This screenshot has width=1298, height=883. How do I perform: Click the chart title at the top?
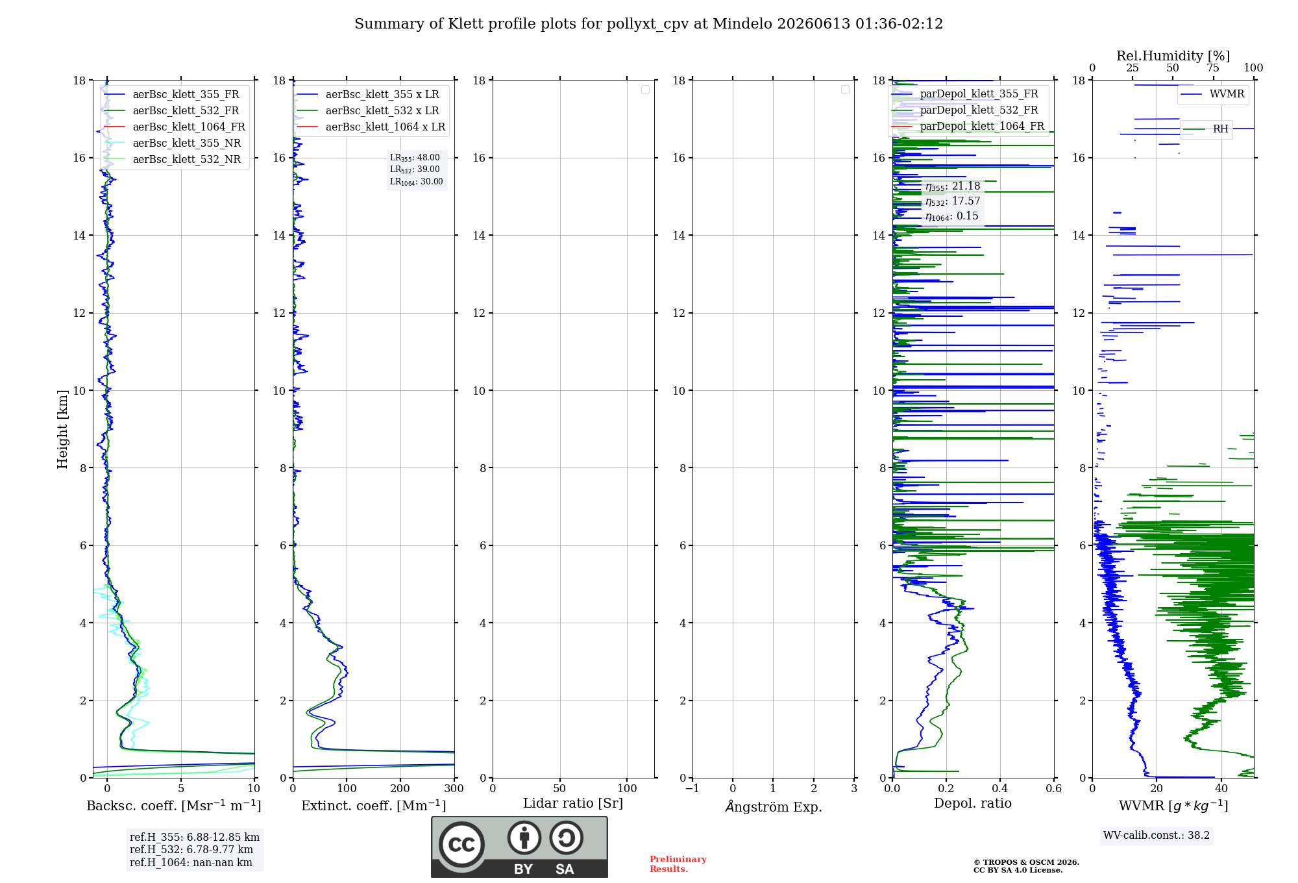[648, 24]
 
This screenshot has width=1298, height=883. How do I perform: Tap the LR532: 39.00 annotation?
[415, 169]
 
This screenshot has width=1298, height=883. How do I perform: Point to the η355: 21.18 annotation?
[953, 186]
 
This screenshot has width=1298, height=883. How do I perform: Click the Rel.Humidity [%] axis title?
[1173, 56]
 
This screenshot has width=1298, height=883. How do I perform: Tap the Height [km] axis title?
[62, 429]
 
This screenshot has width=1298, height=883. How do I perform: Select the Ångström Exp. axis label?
[773, 806]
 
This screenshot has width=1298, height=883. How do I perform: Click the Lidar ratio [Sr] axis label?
[573, 804]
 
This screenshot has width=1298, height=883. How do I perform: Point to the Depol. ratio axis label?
[973, 803]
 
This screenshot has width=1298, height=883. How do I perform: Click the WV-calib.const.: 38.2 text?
[1157, 836]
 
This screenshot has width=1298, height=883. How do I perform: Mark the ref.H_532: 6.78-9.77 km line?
[191, 850]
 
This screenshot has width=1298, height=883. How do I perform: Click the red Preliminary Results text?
[678, 864]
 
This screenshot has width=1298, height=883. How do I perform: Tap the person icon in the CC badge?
[524, 838]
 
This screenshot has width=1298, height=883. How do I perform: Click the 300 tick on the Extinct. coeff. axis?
[454, 789]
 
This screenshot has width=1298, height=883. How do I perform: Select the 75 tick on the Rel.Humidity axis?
[1213, 68]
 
